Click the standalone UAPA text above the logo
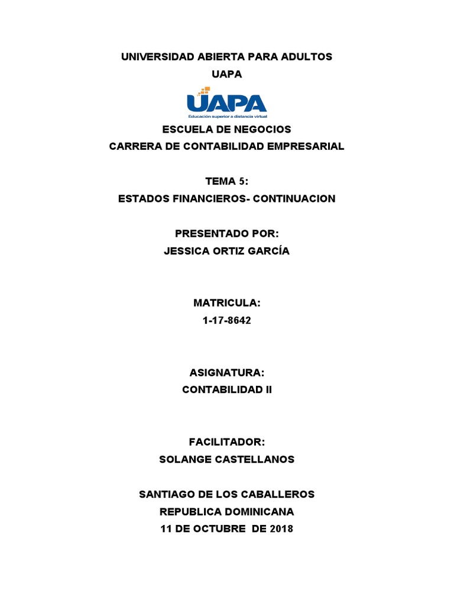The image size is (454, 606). click(x=227, y=74)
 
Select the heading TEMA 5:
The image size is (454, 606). click(x=227, y=181)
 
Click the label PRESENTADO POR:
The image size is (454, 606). click(x=227, y=233)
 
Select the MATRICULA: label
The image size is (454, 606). click(x=227, y=303)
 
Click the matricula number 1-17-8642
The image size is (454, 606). click(x=227, y=320)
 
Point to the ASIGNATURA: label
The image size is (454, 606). click(x=227, y=373)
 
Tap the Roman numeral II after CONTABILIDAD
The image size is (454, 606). click(x=267, y=390)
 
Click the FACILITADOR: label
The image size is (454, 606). click(x=227, y=442)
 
